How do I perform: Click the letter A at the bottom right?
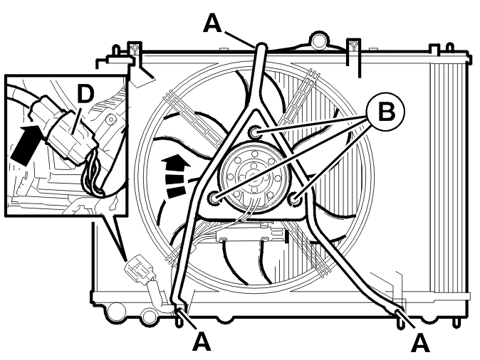pyautogui.click(x=420, y=343)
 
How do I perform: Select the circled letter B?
pyautogui.click(x=387, y=112)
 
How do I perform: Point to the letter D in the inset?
pyautogui.click(x=85, y=94)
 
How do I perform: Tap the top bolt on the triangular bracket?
pyautogui.click(x=254, y=132)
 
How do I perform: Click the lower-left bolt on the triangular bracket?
pyautogui.click(x=214, y=198)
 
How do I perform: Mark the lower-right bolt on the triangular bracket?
pyautogui.click(x=295, y=198)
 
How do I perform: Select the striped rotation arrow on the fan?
pyautogui.click(x=177, y=176)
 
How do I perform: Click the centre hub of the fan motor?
pyautogui.click(x=254, y=176)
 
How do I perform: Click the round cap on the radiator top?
pyautogui.click(x=318, y=40)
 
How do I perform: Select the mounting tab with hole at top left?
pyautogui.click(x=135, y=48)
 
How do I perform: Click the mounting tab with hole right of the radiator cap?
pyautogui.click(x=353, y=46)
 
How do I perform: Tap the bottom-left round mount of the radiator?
pyautogui.click(x=116, y=311)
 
